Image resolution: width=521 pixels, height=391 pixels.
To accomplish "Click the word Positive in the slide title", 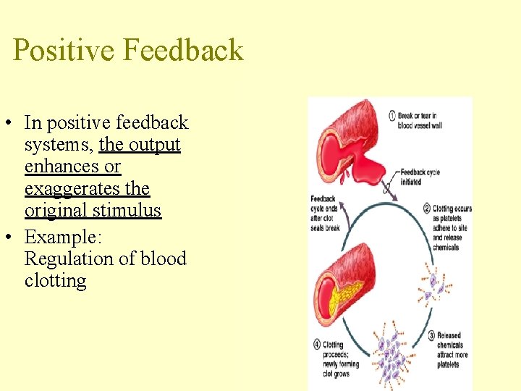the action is pyautogui.click(x=64, y=51).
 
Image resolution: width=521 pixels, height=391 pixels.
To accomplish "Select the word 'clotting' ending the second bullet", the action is pyautogui.click(x=55, y=281).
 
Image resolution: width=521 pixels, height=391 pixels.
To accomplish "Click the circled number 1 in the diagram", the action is pyautogui.click(x=391, y=116).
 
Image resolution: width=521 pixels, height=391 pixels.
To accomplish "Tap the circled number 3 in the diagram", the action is pyautogui.click(x=431, y=335).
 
